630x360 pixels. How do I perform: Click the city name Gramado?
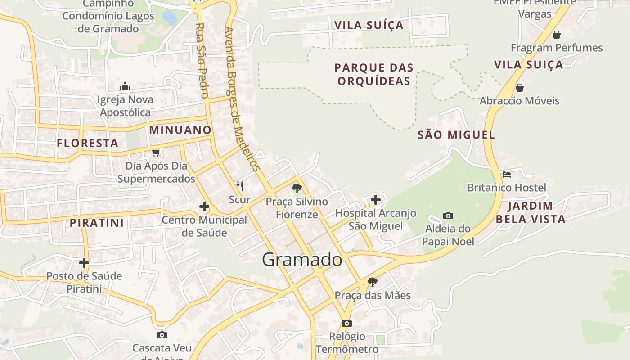point(302,260)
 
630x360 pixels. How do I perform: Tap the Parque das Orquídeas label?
point(374,74)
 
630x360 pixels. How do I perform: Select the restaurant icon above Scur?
point(240,186)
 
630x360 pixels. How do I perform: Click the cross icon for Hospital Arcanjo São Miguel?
point(376,199)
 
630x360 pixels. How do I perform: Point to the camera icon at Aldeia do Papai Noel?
point(448,216)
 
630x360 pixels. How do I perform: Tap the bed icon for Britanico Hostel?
point(507,174)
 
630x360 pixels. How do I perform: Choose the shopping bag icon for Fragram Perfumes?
point(557,35)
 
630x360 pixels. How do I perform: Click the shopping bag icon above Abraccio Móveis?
point(520,88)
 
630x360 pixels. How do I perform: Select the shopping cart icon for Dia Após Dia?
point(156,153)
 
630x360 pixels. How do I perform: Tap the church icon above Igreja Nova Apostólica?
point(125,86)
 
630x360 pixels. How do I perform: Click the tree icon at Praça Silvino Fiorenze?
point(297,188)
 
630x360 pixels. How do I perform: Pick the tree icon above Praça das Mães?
point(372,282)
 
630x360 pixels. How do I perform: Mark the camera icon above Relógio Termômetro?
point(346,323)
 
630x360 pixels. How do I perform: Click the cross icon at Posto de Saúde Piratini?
point(84,263)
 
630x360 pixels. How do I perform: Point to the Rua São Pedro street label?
point(202,61)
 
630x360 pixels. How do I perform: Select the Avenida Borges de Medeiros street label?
point(242,99)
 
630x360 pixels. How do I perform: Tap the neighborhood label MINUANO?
point(180,130)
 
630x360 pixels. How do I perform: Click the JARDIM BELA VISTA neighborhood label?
point(536,212)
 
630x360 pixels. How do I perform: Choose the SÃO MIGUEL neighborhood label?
point(456,135)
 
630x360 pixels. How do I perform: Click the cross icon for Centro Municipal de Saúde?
point(204,207)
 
